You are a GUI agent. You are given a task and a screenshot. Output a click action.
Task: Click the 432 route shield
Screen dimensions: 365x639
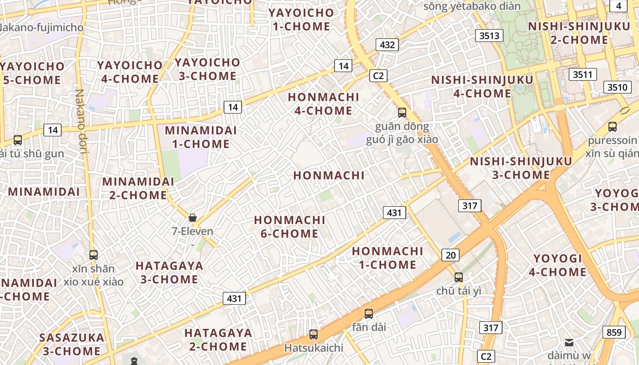(x=387, y=45)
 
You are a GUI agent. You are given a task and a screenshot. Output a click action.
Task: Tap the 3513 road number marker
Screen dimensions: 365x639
(x=489, y=36)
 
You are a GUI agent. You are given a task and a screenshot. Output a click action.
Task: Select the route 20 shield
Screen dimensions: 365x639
(x=450, y=255)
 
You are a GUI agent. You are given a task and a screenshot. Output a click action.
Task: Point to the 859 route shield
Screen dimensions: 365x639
(x=614, y=332)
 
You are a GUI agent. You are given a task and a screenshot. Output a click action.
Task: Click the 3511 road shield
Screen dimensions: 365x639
(x=583, y=74)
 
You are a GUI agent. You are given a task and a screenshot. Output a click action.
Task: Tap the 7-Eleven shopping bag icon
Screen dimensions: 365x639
(x=193, y=218)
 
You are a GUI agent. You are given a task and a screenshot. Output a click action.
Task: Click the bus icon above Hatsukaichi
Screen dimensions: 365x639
(x=314, y=334)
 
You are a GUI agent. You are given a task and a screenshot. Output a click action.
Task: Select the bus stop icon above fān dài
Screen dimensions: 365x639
(x=369, y=314)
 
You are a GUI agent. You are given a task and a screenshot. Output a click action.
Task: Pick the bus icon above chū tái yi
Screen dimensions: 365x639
(x=459, y=277)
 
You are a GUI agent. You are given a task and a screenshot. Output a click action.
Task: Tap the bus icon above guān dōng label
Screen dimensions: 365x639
(x=402, y=112)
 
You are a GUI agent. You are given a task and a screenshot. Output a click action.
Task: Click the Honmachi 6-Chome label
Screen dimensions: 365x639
(x=290, y=227)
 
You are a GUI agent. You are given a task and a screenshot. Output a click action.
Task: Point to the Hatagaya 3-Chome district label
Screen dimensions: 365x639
(x=169, y=272)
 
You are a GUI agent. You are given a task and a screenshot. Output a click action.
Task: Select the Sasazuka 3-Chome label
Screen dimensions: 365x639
(x=72, y=344)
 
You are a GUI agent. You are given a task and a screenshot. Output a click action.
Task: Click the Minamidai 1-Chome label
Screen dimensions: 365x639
(x=201, y=137)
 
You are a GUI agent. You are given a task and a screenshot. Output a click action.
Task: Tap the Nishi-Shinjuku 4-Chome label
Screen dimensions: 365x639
(x=482, y=87)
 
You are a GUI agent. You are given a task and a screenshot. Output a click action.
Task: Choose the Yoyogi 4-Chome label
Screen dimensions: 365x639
(x=558, y=266)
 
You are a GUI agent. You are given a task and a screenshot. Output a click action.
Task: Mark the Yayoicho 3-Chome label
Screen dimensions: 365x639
(x=207, y=69)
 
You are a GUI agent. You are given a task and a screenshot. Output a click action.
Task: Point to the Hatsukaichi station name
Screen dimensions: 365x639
(x=314, y=348)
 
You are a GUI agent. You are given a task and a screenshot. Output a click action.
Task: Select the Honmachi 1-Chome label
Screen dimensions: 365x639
(x=388, y=258)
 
